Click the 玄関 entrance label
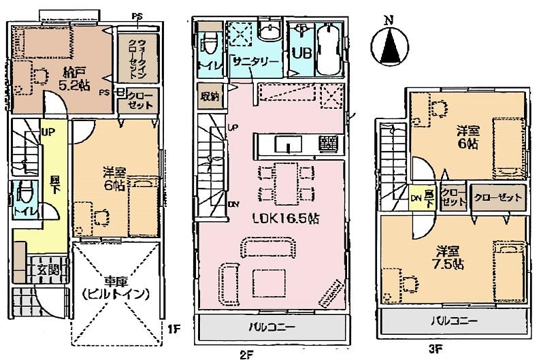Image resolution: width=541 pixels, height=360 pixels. click(45, 271)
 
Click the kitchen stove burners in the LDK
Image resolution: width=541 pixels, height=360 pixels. click(327, 144)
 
